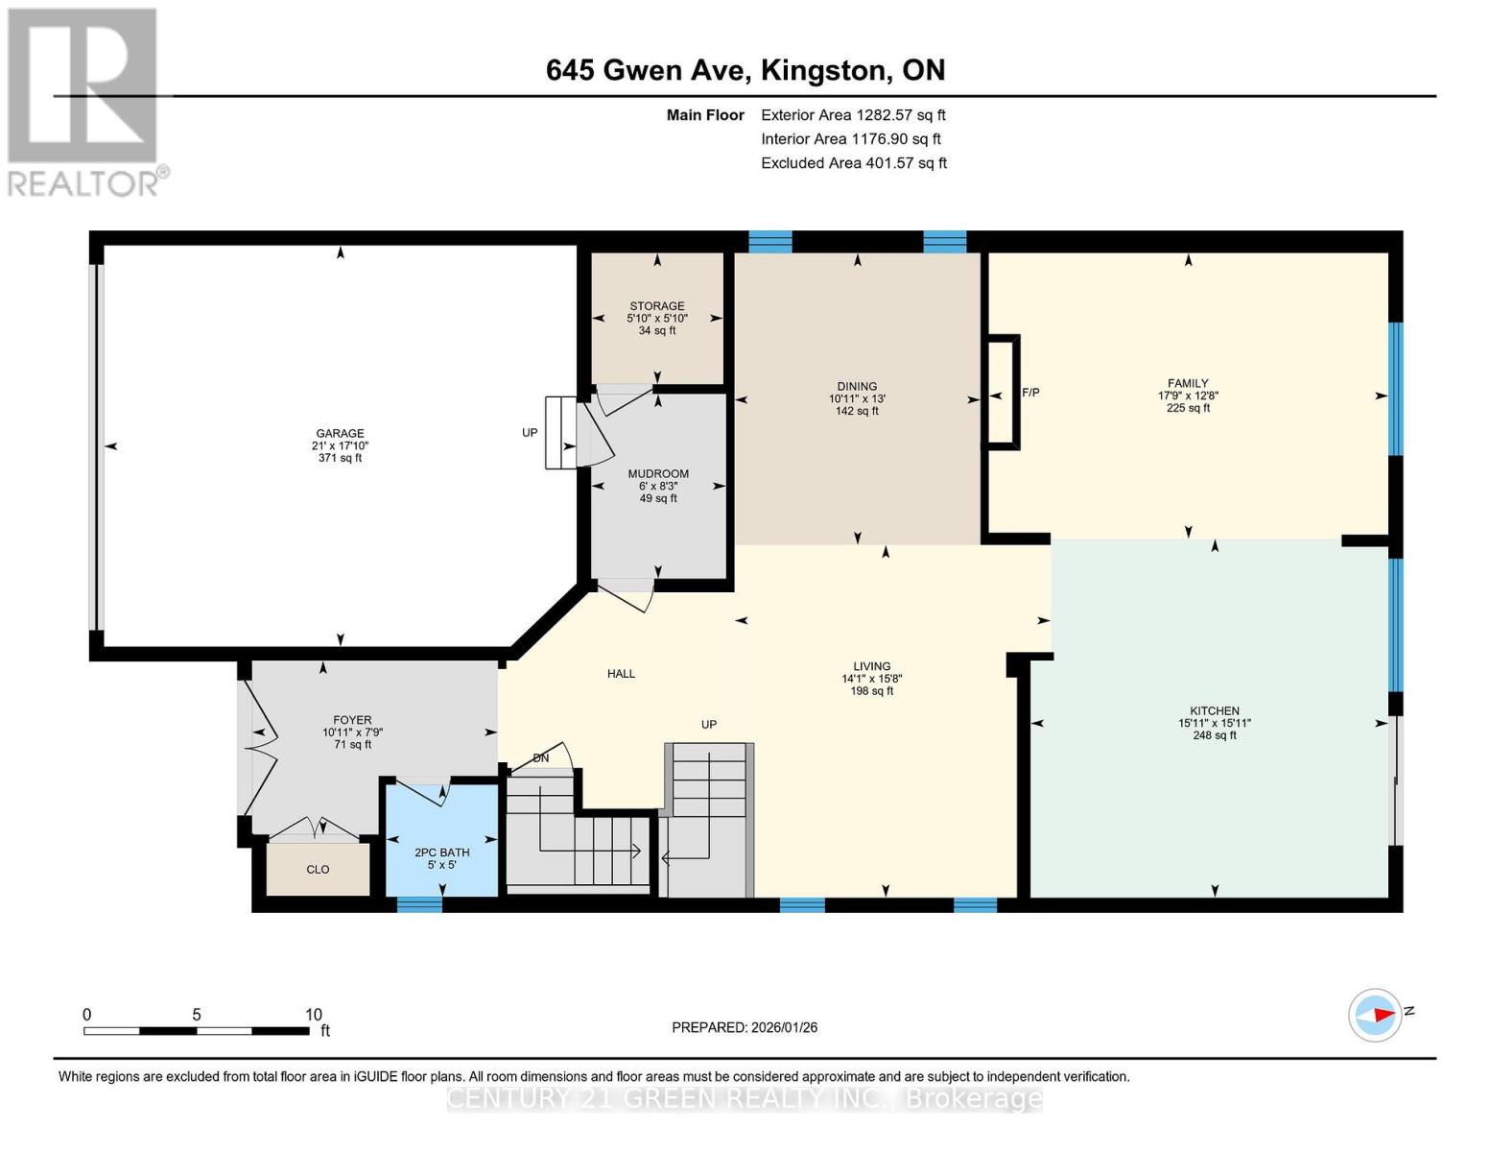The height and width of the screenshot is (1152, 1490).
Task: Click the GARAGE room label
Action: point(340,433)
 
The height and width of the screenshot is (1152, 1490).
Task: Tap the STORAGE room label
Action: point(657,306)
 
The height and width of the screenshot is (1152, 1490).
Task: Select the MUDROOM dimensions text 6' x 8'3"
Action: point(658,486)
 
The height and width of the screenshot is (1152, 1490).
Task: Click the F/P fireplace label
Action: point(1030,393)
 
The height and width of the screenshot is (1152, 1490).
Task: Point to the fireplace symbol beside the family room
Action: point(1002,392)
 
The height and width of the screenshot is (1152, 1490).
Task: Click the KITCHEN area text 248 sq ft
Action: point(1215,735)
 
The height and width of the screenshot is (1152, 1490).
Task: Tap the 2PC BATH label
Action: point(441,852)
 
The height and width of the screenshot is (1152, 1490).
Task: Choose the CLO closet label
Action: point(318,870)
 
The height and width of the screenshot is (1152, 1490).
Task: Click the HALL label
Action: point(621,674)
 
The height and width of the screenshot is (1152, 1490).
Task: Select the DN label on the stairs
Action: point(541,758)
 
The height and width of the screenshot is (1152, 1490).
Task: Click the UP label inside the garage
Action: point(530,433)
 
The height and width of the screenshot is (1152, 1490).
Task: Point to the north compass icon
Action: point(1376,1015)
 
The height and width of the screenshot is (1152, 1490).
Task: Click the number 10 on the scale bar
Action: point(313,1015)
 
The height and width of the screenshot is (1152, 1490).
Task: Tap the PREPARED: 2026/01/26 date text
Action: point(745,1027)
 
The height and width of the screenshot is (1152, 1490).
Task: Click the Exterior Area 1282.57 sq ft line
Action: point(853,115)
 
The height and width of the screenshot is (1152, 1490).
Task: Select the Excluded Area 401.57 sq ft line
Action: point(854,163)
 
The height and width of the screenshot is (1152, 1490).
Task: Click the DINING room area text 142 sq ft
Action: point(857,411)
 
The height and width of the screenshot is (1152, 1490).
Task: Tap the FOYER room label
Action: point(352,720)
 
